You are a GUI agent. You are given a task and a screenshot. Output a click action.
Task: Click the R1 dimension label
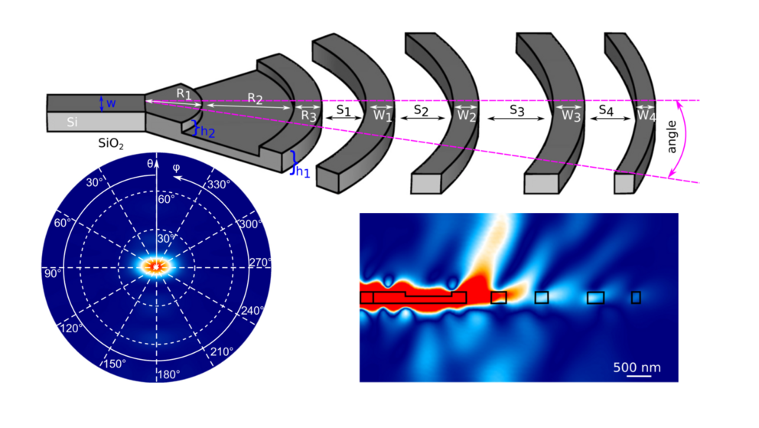click(x=184, y=93)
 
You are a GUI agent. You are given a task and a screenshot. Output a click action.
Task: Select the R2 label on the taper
click(x=255, y=98)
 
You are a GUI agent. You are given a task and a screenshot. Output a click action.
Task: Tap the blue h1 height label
click(x=303, y=172)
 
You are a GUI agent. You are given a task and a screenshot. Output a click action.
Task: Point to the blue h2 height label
click(x=207, y=132)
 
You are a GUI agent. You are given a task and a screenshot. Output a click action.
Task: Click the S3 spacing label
click(x=517, y=110)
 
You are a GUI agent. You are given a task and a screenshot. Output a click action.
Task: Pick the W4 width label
click(x=647, y=115)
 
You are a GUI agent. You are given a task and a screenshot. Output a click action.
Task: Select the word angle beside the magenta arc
click(x=672, y=137)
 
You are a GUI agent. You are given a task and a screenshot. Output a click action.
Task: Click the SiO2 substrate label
click(x=111, y=144)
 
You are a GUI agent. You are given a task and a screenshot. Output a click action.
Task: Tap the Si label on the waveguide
click(x=72, y=122)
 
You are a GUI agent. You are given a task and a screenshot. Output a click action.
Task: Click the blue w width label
click(x=111, y=103)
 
